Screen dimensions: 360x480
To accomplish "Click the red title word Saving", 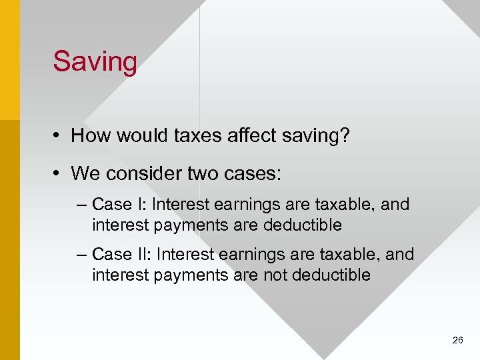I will tap(95, 62).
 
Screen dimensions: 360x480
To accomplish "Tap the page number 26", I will tap(457, 340).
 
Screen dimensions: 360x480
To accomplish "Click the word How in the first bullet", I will tap(89, 136).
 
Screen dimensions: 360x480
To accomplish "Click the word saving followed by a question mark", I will tap(313, 136).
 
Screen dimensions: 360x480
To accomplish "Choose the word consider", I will tap(139, 174).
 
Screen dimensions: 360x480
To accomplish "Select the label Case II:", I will tap(122, 255).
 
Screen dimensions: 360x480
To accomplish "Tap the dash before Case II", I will tap(81, 255).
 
